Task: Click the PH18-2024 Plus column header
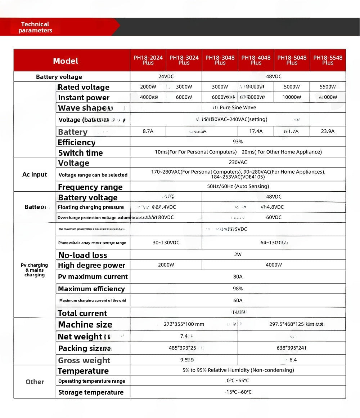pyautogui.click(x=148, y=60)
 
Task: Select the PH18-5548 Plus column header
pyautogui.click(x=328, y=60)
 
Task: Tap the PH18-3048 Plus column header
pyautogui.click(x=220, y=60)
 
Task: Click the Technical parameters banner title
pyautogui.click(x=35, y=27)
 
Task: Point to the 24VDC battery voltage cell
pyautogui.click(x=166, y=77)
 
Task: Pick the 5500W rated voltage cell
pyautogui.click(x=328, y=87)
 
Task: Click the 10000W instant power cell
pyautogui.click(x=292, y=97)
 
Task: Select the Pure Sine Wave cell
pyautogui.click(x=238, y=108)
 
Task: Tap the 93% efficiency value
pyautogui.click(x=238, y=142)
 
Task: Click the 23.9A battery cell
pyautogui.click(x=328, y=132)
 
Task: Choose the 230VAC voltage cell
pyautogui.click(x=238, y=163)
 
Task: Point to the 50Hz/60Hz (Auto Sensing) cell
pyautogui.click(x=238, y=187)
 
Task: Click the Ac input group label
pyautogui.click(x=35, y=175)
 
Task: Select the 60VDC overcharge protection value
pyautogui.click(x=274, y=218)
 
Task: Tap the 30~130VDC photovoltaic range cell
pyautogui.click(x=166, y=243)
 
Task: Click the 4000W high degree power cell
pyautogui.click(x=274, y=265)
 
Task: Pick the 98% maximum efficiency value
pyautogui.click(x=238, y=289)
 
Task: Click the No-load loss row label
pyautogui.click(x=83, y=255)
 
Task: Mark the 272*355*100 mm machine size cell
pyautogui.click(x=184, y=324)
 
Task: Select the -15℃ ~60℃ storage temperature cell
pyautogui.click(x=238, y=392)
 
